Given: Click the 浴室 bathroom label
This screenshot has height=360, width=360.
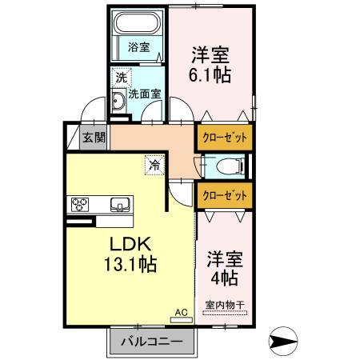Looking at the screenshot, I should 138,47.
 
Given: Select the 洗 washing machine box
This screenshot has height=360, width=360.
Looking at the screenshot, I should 120,78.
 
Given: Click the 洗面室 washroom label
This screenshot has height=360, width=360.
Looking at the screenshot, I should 145,94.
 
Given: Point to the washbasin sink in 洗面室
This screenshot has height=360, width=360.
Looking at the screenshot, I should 118,101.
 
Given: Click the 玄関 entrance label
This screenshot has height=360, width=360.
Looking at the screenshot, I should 94,137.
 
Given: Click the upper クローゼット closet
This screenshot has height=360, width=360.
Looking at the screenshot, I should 224,137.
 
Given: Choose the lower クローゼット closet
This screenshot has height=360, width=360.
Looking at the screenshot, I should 224,194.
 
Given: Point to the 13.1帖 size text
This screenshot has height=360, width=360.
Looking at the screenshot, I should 125,265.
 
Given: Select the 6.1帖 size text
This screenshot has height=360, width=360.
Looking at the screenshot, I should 210,76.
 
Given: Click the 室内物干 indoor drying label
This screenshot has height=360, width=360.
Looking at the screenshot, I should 225,305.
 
